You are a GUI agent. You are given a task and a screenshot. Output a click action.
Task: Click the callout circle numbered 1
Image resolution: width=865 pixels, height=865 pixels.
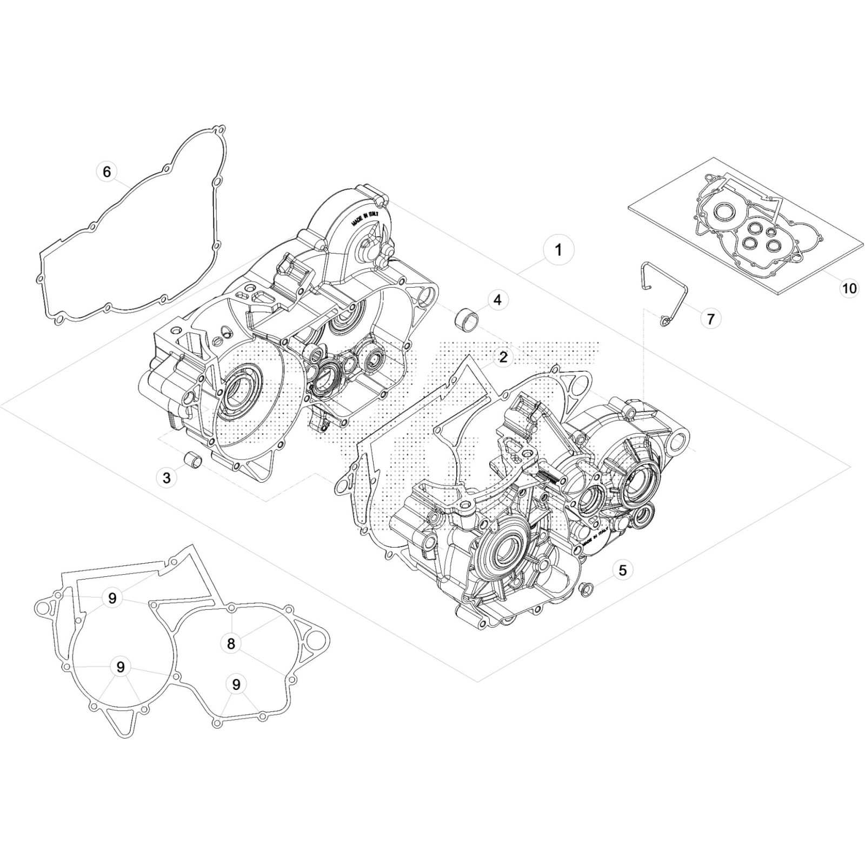pyautogui.click(x=558, y=250)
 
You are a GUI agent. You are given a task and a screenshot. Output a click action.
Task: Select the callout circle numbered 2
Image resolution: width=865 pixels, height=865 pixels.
pyautogui.click(x=503, y=357)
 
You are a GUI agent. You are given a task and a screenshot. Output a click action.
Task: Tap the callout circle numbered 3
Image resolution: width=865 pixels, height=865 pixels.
pyautogui.click(x=167, y=478)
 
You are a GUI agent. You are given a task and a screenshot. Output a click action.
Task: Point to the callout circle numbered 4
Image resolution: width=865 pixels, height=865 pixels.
pyautogui.click(x=497, y=299)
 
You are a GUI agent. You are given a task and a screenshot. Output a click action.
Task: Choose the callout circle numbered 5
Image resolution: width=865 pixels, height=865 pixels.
pyautogui.click(x=623, y=570)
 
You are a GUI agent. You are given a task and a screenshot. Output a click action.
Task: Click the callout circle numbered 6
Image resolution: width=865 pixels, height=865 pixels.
pyautogui.click(x=107, y=171)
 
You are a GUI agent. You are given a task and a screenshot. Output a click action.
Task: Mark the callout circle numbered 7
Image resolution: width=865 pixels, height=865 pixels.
pyautogui.click(x=711, y=319)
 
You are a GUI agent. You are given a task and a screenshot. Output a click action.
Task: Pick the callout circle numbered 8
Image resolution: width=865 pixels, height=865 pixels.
pyautogui.click(x=231, y=643)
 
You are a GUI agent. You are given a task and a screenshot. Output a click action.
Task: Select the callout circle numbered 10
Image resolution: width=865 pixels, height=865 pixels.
pyautogui.click(x=849, y=288)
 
